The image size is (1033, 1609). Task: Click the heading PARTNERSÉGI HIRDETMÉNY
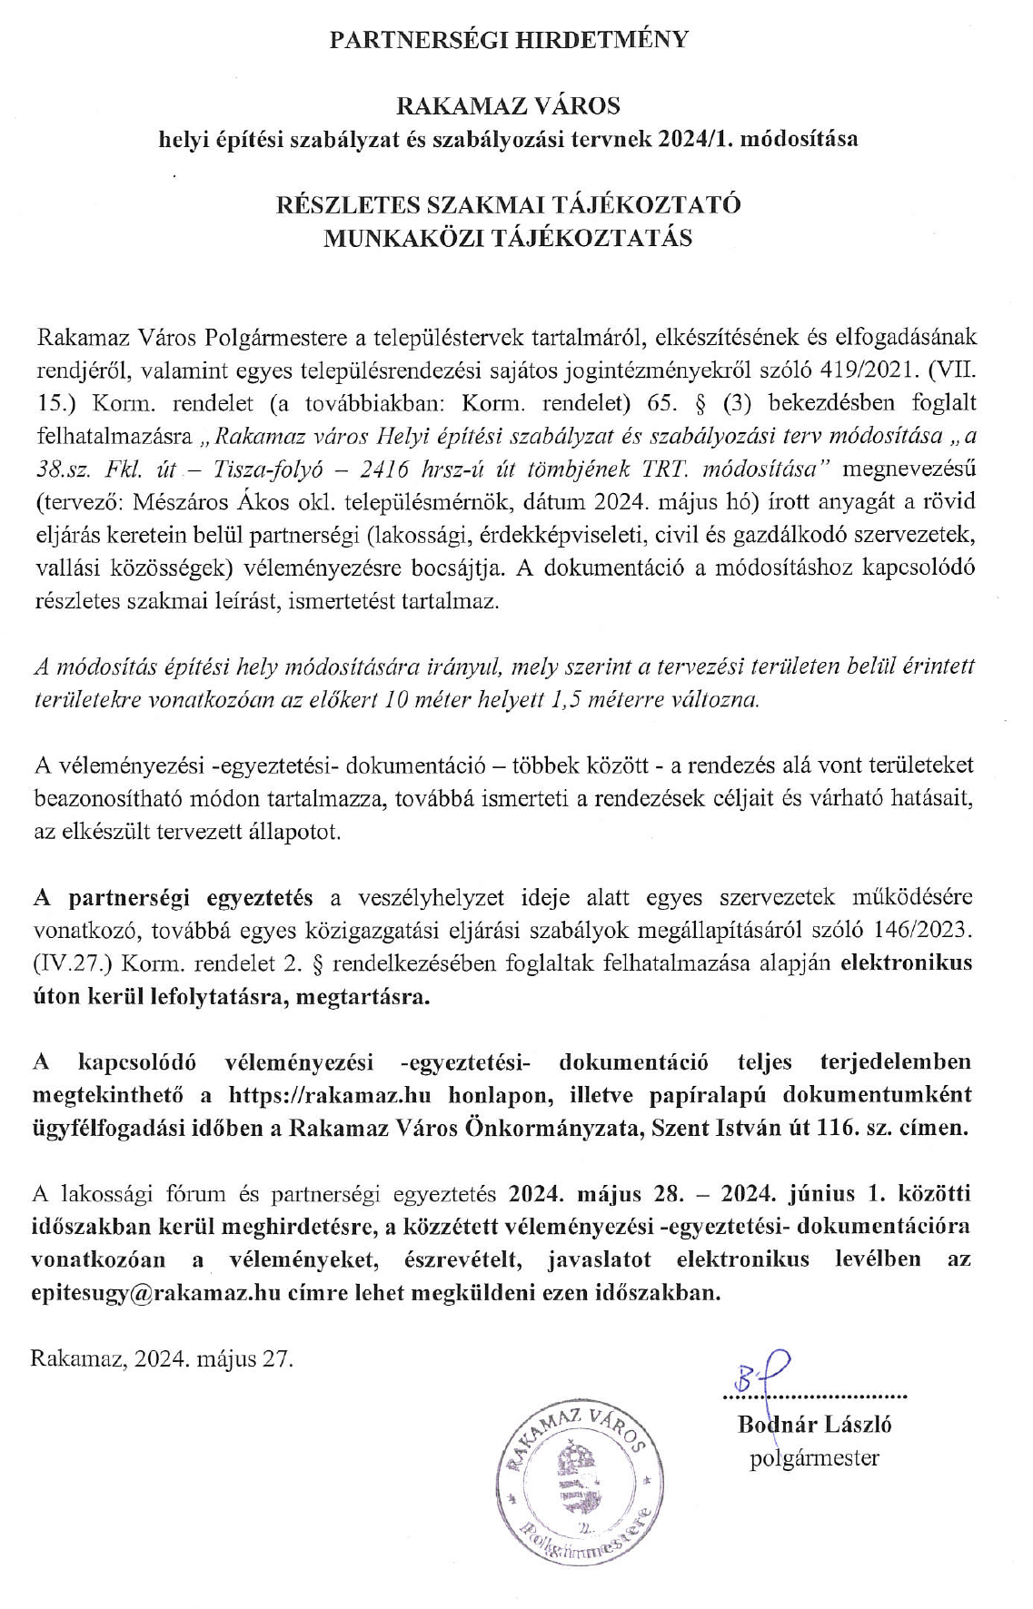tap(509, 39)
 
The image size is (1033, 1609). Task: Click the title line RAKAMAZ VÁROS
tap(509, 106)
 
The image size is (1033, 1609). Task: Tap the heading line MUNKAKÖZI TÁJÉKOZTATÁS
tap(509, 238)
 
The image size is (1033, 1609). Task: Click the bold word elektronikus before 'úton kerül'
tap(906, 963)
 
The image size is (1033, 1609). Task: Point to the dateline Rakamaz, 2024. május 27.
tap(163, 1359)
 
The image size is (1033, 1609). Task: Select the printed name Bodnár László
tap(814, 1424)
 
